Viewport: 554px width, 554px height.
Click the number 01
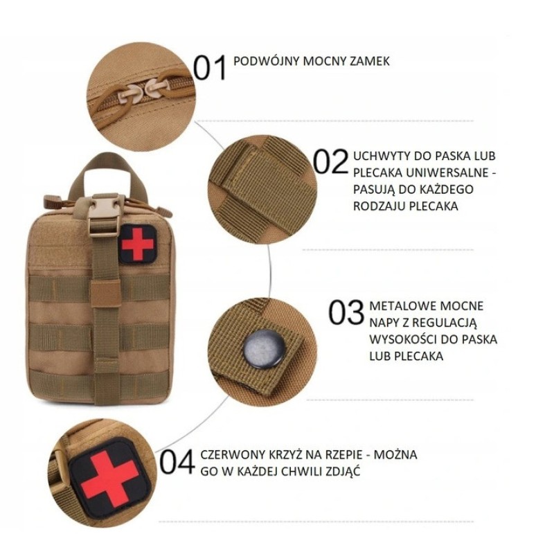210,67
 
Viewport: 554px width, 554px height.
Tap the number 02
331,161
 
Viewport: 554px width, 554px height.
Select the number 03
346,312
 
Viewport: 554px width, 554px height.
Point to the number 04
177,461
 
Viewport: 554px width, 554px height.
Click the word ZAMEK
370,61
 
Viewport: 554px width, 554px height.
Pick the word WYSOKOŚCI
402,339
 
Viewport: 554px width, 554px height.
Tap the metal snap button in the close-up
264,350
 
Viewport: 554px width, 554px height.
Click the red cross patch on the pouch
138,244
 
